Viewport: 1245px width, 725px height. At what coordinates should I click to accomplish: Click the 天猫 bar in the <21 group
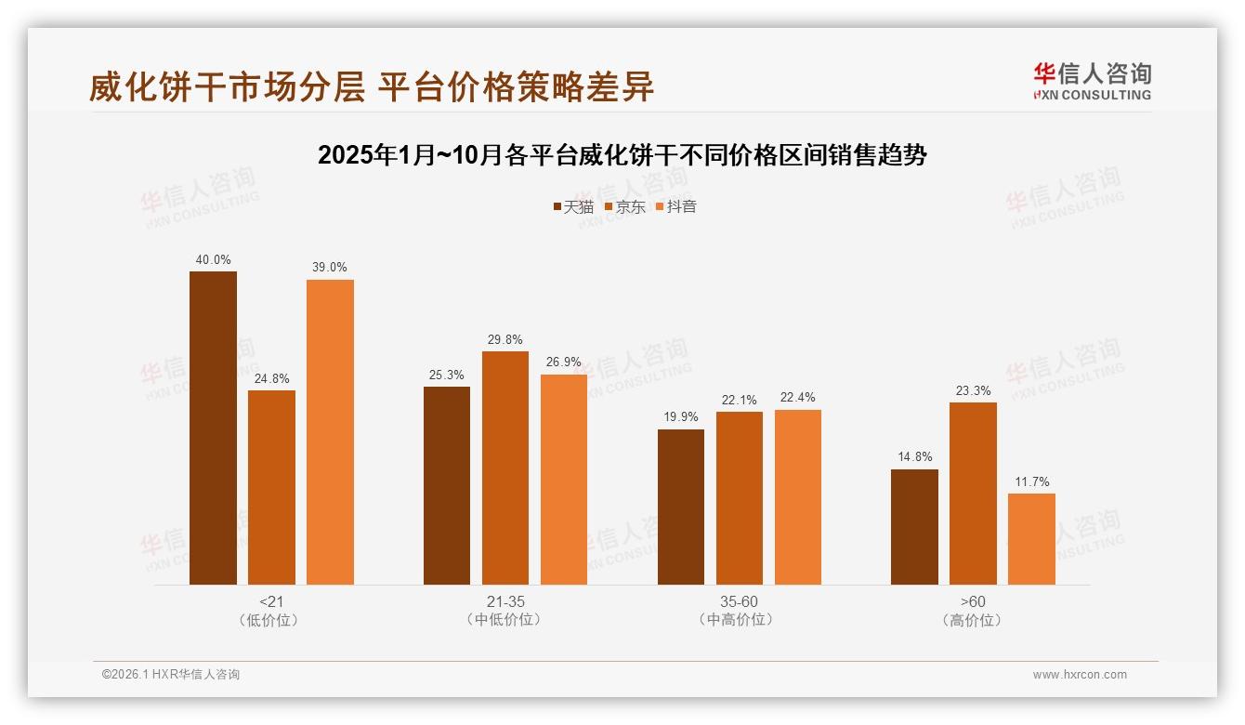pyautogui.click(x=213, y=428)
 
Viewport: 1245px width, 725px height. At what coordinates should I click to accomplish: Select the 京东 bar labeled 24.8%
pyautogui.click(x=271, y=487)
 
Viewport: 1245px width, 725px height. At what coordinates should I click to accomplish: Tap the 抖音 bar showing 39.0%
pyautogui.click(x=330, y=431)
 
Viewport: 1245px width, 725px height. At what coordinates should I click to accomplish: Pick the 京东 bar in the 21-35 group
pyautogui.click(x=505, y=468)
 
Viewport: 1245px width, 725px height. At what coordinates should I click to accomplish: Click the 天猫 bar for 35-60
pyautogui.click(x=681, y=507)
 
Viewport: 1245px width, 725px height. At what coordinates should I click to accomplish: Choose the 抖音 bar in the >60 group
pyautogui.click(x=1031, y=538)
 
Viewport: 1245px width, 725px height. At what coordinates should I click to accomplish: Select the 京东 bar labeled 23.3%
pyautogui.click(x=973, y=493)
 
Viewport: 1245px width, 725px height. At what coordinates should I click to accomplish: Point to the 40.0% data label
pyautogui.click(x=213, y=259)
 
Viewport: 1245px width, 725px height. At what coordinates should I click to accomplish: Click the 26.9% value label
pyautogui.click(x=564, y=362)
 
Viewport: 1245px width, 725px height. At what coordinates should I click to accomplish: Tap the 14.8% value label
pyautogui.click(x=914, y=457)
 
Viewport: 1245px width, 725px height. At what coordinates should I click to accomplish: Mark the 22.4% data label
pyautogui.click(x=798, y=398)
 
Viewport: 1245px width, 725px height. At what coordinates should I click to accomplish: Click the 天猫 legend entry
pyautogui.click(x=572, y=206)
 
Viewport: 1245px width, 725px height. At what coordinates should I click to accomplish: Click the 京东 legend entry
pyautogui.click(x=624, y=206)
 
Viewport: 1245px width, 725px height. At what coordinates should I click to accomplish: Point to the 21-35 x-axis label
pyautogui.click(x=505, y=601)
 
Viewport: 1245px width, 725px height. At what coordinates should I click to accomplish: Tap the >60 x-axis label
pyautogui.click(x=973, y=601)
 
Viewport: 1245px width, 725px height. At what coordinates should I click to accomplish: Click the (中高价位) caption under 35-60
pyautogui.click(x=740, y=619)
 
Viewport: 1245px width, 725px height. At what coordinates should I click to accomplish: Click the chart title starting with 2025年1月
pyautogui.click(x=622, y=155)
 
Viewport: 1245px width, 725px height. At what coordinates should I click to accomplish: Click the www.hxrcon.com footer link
pyautogui.click(x=1080, y=675)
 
